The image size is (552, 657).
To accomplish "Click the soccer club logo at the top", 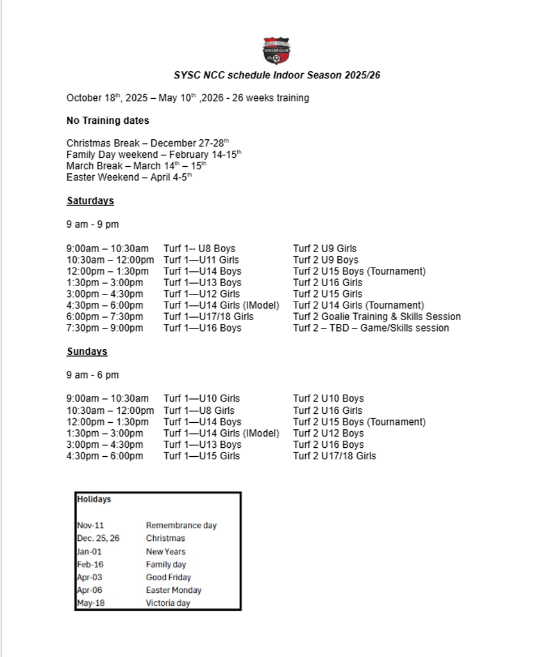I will (x=276, y=51).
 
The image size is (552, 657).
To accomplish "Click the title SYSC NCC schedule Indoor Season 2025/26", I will (x=276, y=75).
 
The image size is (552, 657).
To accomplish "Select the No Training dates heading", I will (x=108, y=121).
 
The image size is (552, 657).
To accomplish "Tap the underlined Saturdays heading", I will (x=90, y=201).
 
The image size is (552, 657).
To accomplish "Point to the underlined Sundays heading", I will (x=87, y=352).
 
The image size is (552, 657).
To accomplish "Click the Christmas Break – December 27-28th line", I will (x=147, y=143).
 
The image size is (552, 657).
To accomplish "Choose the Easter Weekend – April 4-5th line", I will (x=129, y=177).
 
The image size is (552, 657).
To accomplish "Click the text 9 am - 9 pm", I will (x=92, y=225).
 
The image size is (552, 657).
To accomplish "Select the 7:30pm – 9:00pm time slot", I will (x=105, y=328).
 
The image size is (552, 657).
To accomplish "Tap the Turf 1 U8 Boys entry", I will (x=199, y=248).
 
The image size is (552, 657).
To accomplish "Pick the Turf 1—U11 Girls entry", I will (x=201, y=260).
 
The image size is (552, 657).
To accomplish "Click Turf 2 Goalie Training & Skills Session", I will (x=377, y=316).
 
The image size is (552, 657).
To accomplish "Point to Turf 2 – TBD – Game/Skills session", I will (x=371, y=328).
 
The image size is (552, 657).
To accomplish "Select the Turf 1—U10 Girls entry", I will (x=202, y=398).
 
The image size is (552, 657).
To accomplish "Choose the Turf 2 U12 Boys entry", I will (x=328, y=433).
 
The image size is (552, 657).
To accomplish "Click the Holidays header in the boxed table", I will (x=94, y=499).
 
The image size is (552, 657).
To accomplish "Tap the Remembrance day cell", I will (x=181, y=525).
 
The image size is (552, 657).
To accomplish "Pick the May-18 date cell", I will (x=90, y=603).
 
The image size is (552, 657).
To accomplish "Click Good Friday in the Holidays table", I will (x=169, y=577).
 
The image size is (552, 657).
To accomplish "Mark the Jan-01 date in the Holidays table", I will (x=89, y=552).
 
